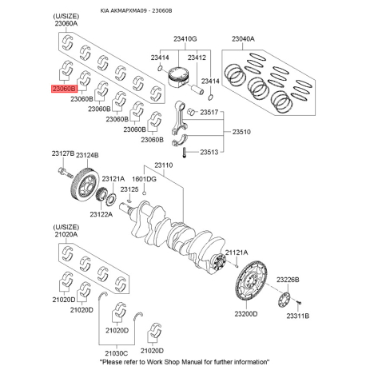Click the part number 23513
pos(210,152)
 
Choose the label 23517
pos(210,113)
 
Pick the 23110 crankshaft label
pos(164,165)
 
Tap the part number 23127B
pos(63,153)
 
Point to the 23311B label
pos(298,315)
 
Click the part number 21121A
pos(237,253)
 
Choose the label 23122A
pos(101,214)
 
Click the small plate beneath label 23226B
pos(284,299)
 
